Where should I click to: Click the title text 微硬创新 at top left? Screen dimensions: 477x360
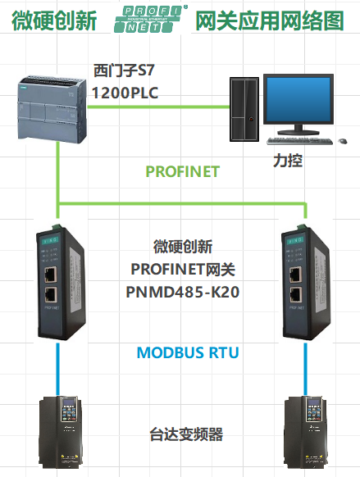pos(50,20)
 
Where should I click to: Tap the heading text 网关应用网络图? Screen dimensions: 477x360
pos(270,20)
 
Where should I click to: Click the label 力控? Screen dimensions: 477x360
pos(289,160)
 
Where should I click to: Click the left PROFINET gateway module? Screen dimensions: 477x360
pos(58,284)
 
